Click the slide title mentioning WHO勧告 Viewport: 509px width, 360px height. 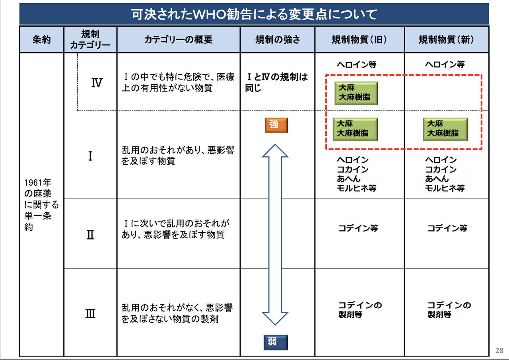(x=254, y=14)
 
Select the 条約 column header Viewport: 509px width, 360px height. (x=42, y=39)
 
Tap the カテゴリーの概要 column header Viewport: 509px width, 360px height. (x=179, y=39)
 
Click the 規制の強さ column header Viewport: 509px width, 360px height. (x=278, y=39)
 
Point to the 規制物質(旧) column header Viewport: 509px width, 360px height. (x=359, y=39)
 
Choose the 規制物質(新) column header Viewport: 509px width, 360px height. (x=447, y=39)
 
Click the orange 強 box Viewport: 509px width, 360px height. (x=276, y=125)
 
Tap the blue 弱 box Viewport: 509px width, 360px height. (x=276, y=342)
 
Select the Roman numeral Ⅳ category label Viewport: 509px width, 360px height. (x=97, y=82)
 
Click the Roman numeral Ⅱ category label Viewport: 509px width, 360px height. (x=90, y=235)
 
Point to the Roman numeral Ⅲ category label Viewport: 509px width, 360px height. (x=90, y=313)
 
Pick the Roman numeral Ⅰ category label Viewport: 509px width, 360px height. (x=90, y=156)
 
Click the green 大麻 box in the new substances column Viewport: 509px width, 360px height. (x=445, y=129)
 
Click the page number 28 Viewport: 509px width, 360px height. (x=499, y=350)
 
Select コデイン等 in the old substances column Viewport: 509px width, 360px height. (x=358, y=228)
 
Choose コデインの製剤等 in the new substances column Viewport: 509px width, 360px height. (x=449, y=309)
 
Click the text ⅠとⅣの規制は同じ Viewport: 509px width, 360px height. (x=276, y=82)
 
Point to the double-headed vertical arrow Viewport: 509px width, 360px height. (x=275, y=235)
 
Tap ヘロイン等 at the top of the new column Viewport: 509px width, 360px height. (x=445, y=64)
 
